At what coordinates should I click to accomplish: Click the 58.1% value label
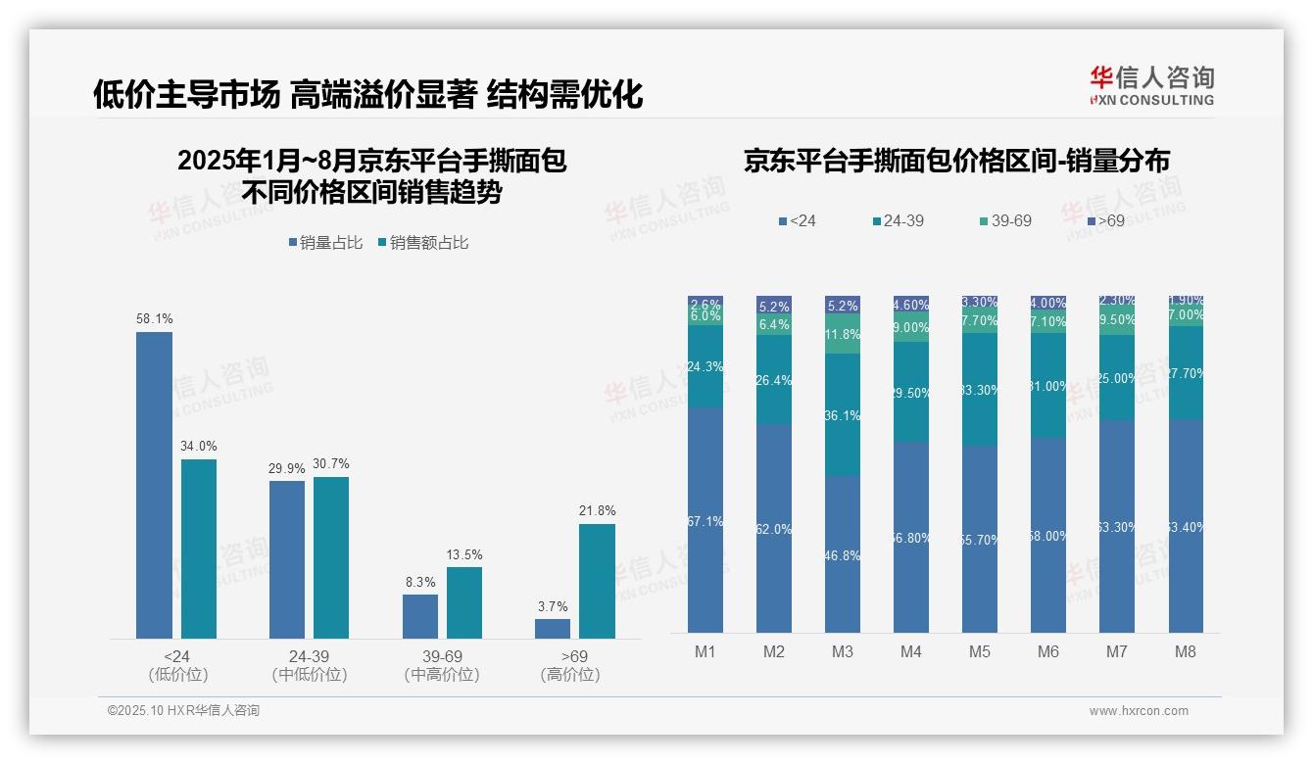pyautogui.click(x=154, y=318)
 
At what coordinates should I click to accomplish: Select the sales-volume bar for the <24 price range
pyautogui.click(x=154, y=485)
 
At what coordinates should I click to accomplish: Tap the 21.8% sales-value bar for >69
pyautogui.click(x=597, y=581)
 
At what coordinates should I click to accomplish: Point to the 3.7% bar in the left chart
pyautogui.click(x=553, y=628)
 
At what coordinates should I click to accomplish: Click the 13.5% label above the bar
pyautogui.click(x=464, y=554)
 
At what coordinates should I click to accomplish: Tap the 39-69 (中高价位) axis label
pyautogui.click(x=442, y=665)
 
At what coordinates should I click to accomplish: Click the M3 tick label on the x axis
pyautogui.click(x=843, y=651)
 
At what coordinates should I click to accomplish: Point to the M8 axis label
pyautogui.click(x=1186, y=651)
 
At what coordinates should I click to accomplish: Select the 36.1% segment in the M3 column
pyautogui.click(x=843, y=415)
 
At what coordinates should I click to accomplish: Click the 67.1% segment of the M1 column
pyautogui.click(x=705, y=520)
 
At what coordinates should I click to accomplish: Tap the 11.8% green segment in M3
pyautogui.click(x=843, y=334)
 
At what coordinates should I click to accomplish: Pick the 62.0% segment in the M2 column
pyautogui.click(x=774, y=528)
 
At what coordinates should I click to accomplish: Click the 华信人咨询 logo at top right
pyautogui.click(x=1151, y=85)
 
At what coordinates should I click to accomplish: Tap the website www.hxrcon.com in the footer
pyautogui.click(x=1138, y=711)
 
